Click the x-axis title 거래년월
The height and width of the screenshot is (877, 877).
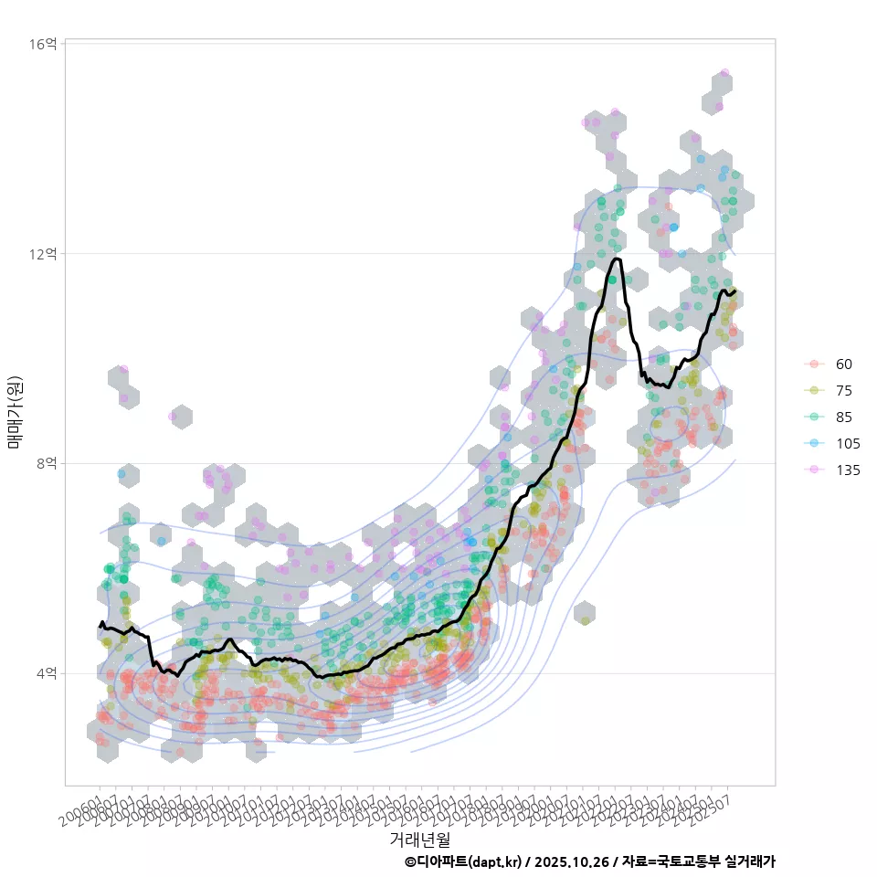419,838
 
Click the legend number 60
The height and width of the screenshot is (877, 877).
844,364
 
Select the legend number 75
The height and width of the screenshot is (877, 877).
844,390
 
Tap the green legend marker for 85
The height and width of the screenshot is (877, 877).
814,417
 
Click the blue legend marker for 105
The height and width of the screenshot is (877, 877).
814,443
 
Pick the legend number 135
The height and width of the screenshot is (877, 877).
848,470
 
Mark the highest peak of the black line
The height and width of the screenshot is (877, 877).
618,259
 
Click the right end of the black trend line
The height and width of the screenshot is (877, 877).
734,291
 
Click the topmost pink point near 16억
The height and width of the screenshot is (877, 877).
724,72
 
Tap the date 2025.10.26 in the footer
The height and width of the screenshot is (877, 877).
572,861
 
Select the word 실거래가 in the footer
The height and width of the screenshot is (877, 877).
749,861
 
